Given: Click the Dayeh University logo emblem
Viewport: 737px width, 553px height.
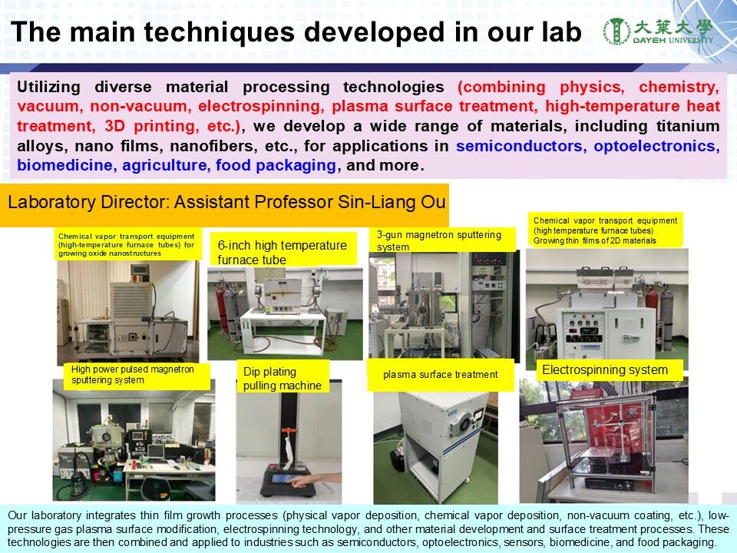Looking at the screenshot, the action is (x=616, y=32).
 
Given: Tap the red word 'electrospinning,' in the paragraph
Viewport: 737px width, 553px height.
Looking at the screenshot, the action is (x=261, y=106).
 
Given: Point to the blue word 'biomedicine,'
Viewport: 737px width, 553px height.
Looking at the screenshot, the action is (x=64, y=165).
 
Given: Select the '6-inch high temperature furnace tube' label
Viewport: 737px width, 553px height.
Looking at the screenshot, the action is (x=282, y=252).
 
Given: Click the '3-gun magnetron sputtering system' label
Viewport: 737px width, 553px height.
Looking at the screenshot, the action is (x=439, y=240).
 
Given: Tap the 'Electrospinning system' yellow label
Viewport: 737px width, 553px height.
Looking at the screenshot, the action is (x=605, y=370).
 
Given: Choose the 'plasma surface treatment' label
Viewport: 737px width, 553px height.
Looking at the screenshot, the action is (x=441, y=375).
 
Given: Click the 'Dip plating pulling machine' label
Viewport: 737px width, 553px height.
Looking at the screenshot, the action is (x=283, y=378).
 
